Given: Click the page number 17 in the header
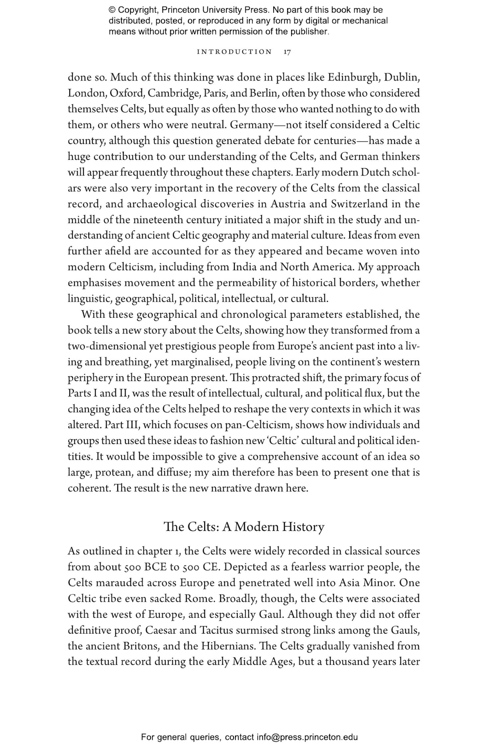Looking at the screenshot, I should click(x=287, y=52).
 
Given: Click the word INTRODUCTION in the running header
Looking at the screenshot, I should click(x=234, y=52).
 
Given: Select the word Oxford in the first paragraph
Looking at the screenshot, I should click(x=126, y=93).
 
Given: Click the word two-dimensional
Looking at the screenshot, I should click(x=107, y=346).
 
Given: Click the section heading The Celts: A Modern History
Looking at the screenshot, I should click(x=244, y=527).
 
